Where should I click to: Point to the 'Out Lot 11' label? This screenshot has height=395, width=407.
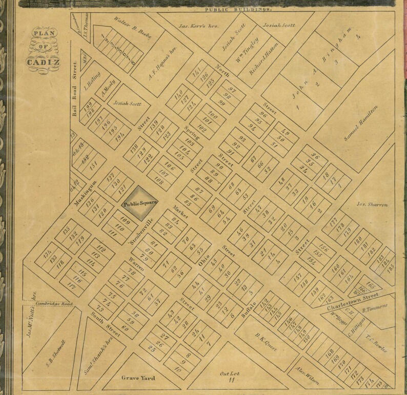pyautogui.click(x=227, y=377)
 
